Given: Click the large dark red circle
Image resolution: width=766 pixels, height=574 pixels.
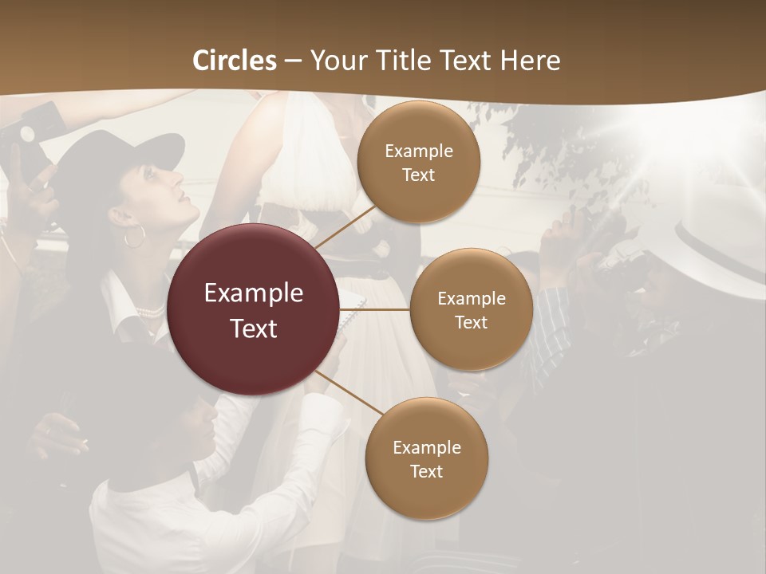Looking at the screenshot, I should coord(254,309).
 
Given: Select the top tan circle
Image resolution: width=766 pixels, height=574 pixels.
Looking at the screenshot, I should coord(418,162).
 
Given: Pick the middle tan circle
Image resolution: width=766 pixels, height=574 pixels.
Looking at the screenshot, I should coord(471,309).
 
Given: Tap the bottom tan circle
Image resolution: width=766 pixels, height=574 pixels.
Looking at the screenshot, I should coord(426,458).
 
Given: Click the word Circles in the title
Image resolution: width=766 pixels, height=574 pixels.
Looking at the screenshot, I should coord(235,61).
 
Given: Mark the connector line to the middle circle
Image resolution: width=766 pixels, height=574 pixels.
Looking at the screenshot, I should coord(375,309).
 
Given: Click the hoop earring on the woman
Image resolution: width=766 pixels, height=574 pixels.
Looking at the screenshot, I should coord(135,236).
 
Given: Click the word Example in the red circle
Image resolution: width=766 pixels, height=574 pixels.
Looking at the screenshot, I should coord(254,293).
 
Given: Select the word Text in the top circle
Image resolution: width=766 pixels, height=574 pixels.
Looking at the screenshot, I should coord(418,175).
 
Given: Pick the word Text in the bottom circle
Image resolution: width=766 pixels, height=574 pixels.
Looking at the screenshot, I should coord(426,471).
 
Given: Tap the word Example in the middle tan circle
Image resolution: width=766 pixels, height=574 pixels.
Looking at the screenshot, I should coord(471,298).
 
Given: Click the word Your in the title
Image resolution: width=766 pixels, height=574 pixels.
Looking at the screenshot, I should coord(336,61).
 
